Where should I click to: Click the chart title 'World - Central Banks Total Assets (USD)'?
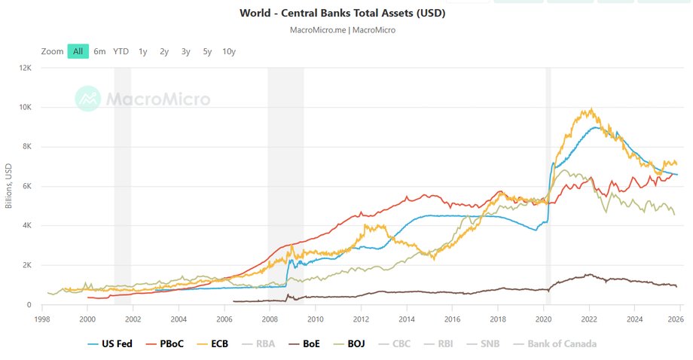click(342, 14)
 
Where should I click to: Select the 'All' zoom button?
click(78, 51)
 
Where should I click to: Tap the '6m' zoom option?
click(99, 51)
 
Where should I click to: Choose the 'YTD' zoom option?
click(121, 51)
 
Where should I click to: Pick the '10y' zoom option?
click(229, 51)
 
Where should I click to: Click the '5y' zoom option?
click(207, 51)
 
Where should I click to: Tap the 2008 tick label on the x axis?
click(269, 319)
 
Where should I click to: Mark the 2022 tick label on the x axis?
click(588, 319)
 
